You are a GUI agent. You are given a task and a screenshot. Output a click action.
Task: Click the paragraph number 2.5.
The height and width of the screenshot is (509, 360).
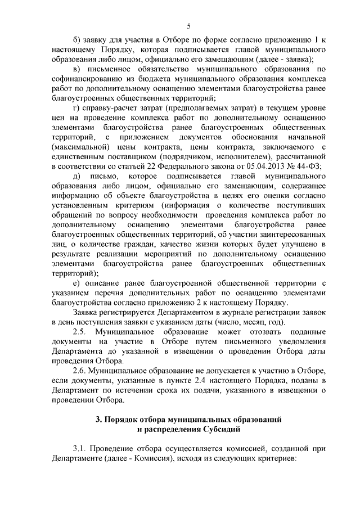83,331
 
